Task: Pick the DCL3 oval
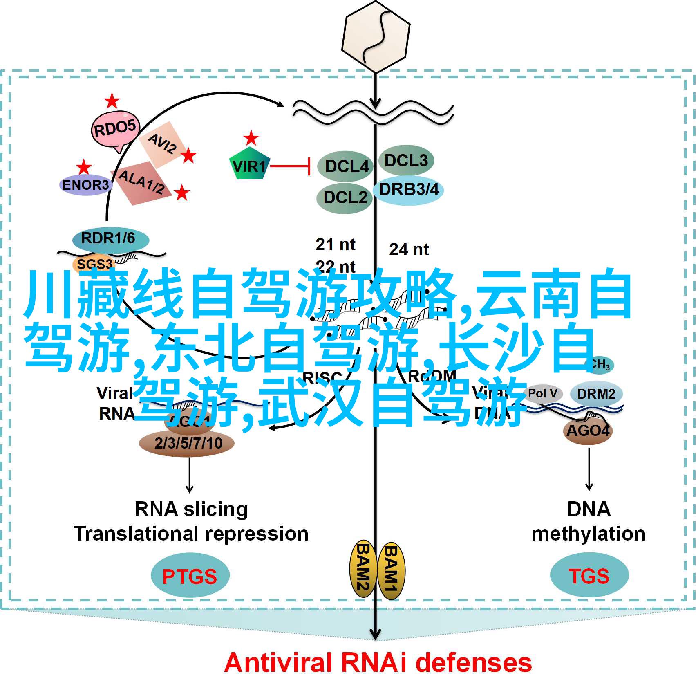(x=406, y=161)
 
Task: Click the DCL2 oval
(x=345, y=198)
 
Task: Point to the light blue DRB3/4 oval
(x=409, y=190)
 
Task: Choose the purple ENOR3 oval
(x=85, y=185)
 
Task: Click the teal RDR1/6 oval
(x=108, y=238)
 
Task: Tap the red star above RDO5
(x=111, y=101)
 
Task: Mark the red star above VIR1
(x=251, y=138)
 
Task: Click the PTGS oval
(x=190, y=576)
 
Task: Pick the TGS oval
(x=589, y=576)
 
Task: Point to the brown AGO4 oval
(x=588, y=430)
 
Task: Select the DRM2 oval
(x=596, y=394)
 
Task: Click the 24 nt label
(x=409, y=249)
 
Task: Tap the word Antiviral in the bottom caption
(x=278, y=663)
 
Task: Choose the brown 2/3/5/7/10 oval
(x=188, y=443)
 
